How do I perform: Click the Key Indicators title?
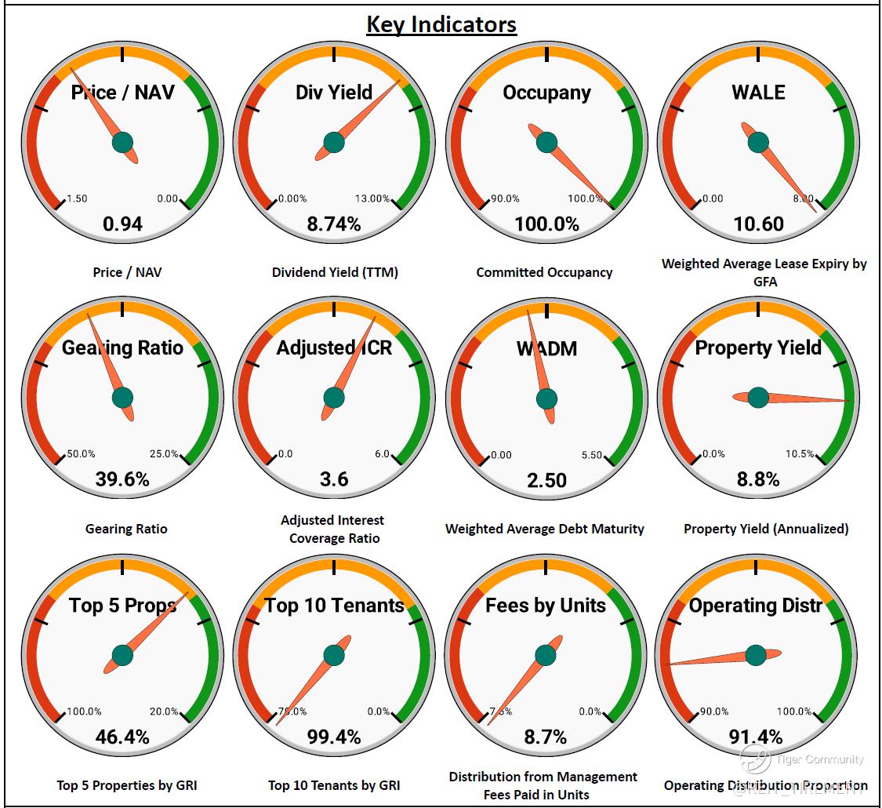tap(441, 24)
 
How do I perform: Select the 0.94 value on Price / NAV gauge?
tap(123, 224)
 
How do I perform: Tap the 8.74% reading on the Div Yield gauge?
tap(334, 224)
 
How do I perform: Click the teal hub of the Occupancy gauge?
tap(546, 142)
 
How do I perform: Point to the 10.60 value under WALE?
tap(758, 224)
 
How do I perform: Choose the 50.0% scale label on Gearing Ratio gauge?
tap(81, 454)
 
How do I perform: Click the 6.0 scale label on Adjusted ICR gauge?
tap(381, 454)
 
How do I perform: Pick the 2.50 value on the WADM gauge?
tap(546, 479)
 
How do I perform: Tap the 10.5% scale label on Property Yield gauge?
tap(800, 454)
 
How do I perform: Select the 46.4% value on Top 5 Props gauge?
tap(123, 737)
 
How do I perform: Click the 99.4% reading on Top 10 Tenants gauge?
tap(334, 737)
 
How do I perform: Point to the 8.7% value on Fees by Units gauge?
tap(546, 737)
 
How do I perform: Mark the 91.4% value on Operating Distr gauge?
tap(756, 737)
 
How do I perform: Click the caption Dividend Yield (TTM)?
tap(335, 272)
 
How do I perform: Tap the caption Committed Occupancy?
tap(544, 272)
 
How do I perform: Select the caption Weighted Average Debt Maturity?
tap(545, 529)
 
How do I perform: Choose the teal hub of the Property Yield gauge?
tap(758, 398)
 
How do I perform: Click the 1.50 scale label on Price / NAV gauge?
tap(78, 198)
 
